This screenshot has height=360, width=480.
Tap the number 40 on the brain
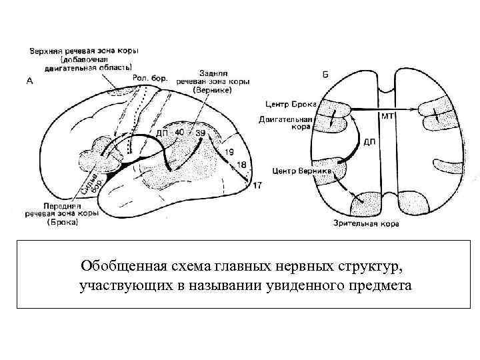179,133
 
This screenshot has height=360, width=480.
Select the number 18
241,165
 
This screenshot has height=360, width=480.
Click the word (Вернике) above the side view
212,89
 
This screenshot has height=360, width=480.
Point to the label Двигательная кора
289,124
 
